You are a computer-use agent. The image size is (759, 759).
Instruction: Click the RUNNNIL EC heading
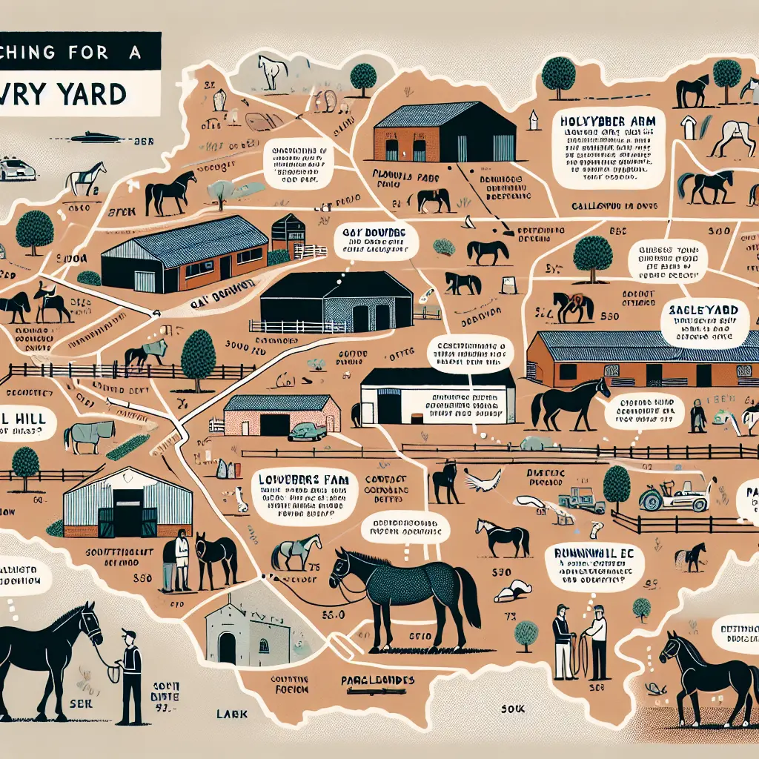(591, 551)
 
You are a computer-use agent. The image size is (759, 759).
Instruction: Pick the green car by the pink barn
(306, 431)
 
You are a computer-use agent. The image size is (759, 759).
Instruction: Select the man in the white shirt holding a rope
(594, 637)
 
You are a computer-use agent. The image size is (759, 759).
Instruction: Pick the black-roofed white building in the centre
(437, 395)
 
